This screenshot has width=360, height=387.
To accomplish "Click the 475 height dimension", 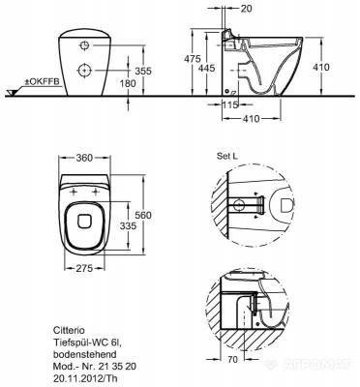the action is (x=193, y=59).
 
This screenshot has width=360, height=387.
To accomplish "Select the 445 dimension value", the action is (x=207, y=68).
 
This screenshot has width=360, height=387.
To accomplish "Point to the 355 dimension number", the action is (x=143, y=71).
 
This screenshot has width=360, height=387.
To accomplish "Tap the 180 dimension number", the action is (x=128, y=83).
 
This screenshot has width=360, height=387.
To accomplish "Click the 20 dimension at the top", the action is (x=246, y=9).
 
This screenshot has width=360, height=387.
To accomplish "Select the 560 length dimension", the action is (x=143, y=215).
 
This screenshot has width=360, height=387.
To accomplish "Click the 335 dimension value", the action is (x=128, y=226).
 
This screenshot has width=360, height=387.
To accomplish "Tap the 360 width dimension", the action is (x=84, y=158).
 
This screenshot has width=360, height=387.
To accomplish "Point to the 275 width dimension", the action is (x=84, y=268).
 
